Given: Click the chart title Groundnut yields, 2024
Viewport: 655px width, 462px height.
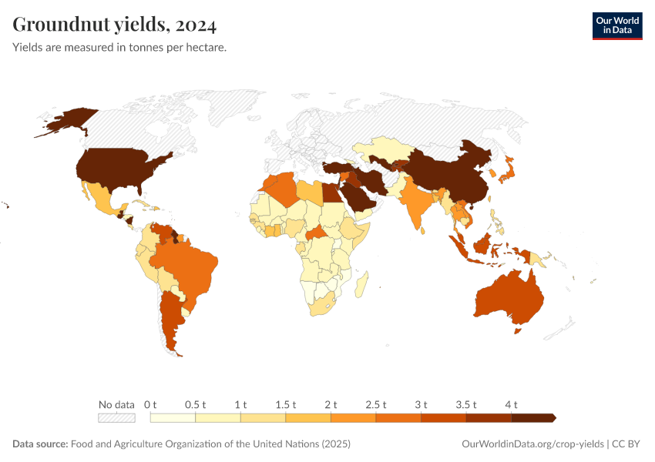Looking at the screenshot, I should click(115, 25).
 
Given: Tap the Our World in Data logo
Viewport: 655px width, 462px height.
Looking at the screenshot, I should click(616, 25).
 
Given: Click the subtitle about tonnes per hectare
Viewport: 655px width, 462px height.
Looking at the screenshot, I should click(119, 48).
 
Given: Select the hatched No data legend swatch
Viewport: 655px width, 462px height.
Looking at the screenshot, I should click(116, 418).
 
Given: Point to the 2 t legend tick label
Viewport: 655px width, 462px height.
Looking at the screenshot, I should click(331, 404).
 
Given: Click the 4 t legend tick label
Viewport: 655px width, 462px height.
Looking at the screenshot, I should click(511, 404).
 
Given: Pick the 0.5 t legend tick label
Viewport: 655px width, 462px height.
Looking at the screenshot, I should click(196, 404).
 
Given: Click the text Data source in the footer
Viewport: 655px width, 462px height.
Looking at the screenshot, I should click(40, 444).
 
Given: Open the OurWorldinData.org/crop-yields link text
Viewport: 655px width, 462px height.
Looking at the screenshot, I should click(532, 444).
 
